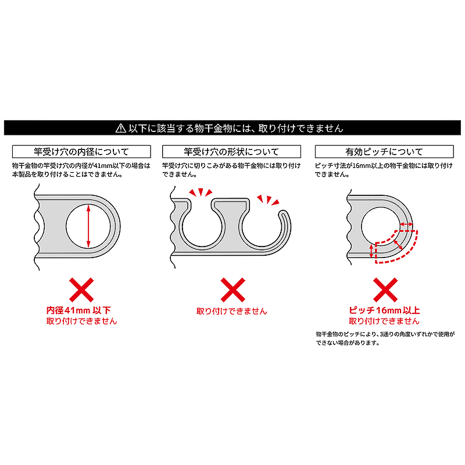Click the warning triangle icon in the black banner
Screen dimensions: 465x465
[x=121, y=128]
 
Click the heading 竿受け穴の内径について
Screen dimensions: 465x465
[x=81, y=152]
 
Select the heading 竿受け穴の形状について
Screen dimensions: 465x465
[x=231, y=152]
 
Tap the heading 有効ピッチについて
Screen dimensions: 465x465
[x=384, y=152]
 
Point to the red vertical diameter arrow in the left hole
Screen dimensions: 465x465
[x=88, y=226]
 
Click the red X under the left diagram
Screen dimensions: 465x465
[x=81, y=289]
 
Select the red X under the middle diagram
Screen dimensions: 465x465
[x=233, y=289]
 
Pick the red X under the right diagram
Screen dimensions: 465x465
[x=385, y=289]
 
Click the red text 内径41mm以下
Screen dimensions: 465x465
[x=78, y=310]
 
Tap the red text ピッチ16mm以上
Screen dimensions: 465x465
[x=384, y=310]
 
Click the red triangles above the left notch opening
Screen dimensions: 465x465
[x=201, y=192]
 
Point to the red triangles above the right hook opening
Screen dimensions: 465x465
[x=269, y=199]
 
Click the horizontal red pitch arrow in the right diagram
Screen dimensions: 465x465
[x=406, y=224]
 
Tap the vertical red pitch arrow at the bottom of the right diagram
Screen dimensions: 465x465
[x=371, y=251]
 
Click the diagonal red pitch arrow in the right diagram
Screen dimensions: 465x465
[x=398, y=244]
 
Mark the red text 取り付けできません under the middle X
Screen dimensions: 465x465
[x=231, y=311]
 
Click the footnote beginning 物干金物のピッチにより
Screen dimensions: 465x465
[x=385, y=338]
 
